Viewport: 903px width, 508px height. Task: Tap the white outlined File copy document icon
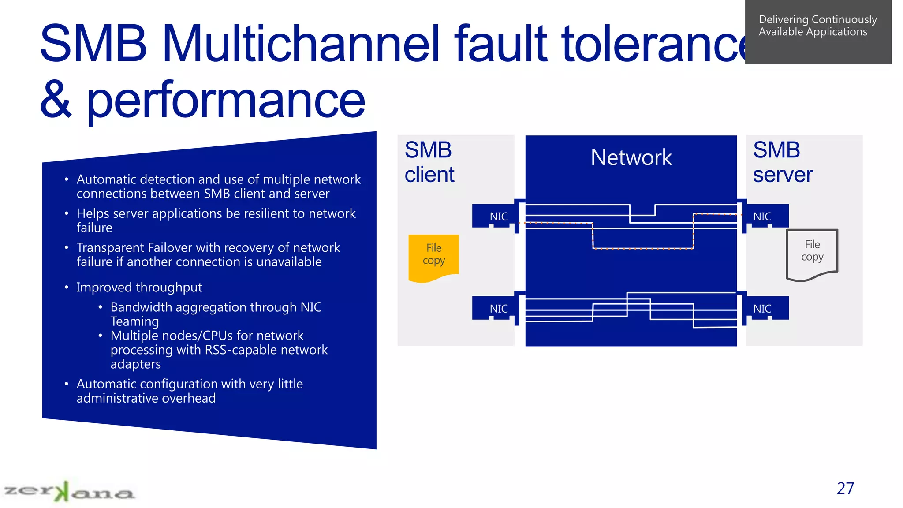point(812,254)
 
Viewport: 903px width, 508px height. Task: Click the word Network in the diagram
point(631,157)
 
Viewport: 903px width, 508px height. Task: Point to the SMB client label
point(429,162)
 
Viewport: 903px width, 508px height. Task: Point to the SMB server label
point(782,162)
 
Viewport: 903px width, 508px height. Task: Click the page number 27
point(845,488)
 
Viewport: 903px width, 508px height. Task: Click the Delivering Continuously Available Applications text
point(817,26)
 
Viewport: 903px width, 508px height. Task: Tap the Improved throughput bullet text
point(139,287)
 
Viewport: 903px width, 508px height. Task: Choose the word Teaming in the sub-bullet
point(134,321)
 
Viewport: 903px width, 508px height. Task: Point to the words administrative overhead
point(146,398)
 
